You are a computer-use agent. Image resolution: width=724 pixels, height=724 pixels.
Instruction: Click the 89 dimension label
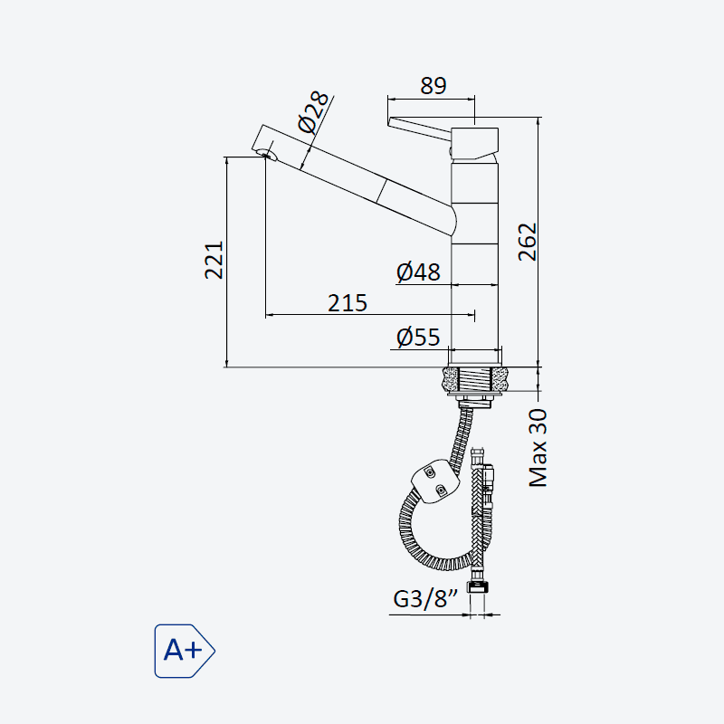(x=433, y=86)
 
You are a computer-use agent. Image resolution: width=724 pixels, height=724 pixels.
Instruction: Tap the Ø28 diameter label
(x=313, y=111)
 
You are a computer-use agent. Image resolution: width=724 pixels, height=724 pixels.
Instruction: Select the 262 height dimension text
(x=528, y=243)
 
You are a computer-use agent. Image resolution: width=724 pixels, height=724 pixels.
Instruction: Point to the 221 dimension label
(x=214, y=260)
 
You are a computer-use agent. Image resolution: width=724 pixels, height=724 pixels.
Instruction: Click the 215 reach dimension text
(x=348, y=303)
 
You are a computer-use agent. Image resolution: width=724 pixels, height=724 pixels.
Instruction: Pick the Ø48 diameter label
(x=418, y=272)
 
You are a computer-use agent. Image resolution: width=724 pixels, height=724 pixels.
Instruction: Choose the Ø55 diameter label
(x=418, y=337)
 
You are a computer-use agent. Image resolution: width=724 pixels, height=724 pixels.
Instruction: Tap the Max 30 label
(x=538, y=448)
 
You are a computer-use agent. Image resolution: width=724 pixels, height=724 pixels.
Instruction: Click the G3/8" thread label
(x=425, y=599)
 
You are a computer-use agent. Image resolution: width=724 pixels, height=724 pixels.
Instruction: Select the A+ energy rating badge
(x=185, y=651)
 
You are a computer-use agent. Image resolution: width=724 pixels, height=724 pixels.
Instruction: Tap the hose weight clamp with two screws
(x=434, y=481)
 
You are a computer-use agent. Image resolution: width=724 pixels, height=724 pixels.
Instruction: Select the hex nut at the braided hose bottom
(x=478, y=586)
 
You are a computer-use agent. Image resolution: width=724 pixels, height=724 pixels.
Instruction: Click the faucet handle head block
(x=474, y=144)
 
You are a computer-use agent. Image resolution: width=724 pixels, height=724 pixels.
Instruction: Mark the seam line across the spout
(x=382, y=190)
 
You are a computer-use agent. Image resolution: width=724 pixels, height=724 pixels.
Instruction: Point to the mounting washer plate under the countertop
(x=474, y=395)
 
